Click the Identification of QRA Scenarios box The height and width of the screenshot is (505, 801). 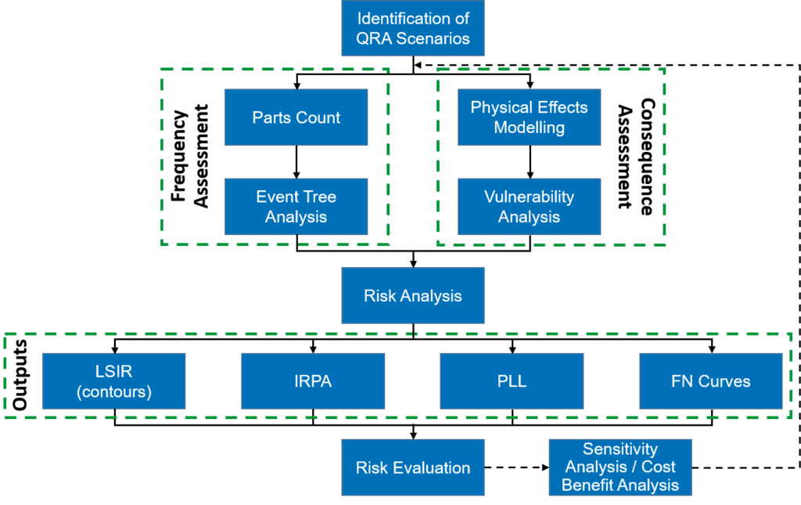413,27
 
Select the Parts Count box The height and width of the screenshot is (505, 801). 296,117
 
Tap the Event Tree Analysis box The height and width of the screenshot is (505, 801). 296,207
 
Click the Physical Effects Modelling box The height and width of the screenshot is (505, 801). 530,117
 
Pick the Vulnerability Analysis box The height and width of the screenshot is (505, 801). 530,207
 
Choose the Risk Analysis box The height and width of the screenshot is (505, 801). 413,295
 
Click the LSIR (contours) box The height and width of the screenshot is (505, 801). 114,381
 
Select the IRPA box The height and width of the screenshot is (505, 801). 313,381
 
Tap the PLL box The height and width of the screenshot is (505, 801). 512,381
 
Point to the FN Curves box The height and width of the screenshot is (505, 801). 711,381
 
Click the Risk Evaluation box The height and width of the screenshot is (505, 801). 413,467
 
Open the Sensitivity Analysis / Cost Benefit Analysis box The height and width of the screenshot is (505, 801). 620,467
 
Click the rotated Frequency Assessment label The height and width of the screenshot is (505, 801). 189,156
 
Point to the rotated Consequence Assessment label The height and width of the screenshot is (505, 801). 635,157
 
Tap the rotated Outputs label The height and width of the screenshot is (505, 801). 20,375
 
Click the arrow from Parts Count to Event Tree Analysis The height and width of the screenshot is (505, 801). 296,162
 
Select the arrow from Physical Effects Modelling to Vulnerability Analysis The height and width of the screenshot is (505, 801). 530,162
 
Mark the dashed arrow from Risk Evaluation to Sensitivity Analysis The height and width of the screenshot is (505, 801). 516,467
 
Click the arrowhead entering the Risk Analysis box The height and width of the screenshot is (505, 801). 413,264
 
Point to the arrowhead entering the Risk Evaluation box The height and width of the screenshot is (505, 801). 413,435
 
